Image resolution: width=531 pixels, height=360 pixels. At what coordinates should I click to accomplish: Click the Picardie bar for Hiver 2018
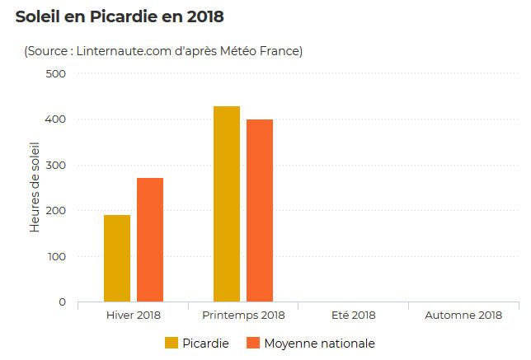tap(117, 258)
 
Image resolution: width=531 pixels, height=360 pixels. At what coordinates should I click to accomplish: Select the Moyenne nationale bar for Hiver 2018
tap(150, 240)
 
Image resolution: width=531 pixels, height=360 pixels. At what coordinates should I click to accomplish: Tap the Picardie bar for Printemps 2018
tap(227, 203)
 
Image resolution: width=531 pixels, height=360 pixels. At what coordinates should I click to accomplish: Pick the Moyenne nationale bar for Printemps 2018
tap(260, 210)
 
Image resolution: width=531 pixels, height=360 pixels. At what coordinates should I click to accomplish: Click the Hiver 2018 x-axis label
tap(134, 316)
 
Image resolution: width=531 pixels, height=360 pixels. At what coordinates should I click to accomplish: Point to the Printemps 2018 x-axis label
tap(243, 316)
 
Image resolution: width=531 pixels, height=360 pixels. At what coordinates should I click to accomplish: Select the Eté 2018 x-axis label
tap(353, 316)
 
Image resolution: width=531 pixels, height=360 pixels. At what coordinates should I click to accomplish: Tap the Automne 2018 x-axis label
tap(463, 316)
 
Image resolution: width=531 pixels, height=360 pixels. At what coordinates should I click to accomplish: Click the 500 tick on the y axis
tap(56, 74)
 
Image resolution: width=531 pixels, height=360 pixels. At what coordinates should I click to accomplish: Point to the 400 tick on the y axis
tap(56, 119)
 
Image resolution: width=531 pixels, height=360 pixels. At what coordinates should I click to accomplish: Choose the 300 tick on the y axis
tap(56, 165)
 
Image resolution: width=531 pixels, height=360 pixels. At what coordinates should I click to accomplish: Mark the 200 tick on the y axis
tap(56, 211)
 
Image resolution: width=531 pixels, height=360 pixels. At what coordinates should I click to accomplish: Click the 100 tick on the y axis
tap(56, 256)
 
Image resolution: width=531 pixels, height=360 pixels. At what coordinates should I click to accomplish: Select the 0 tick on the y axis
tap(62, 302)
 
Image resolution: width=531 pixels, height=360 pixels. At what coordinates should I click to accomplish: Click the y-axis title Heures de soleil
tap(35, 188)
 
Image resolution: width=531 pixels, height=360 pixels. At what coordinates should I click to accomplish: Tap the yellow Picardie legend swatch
tap(172, 343)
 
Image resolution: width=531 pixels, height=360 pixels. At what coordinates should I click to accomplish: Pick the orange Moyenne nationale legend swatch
tap(252, 343)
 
